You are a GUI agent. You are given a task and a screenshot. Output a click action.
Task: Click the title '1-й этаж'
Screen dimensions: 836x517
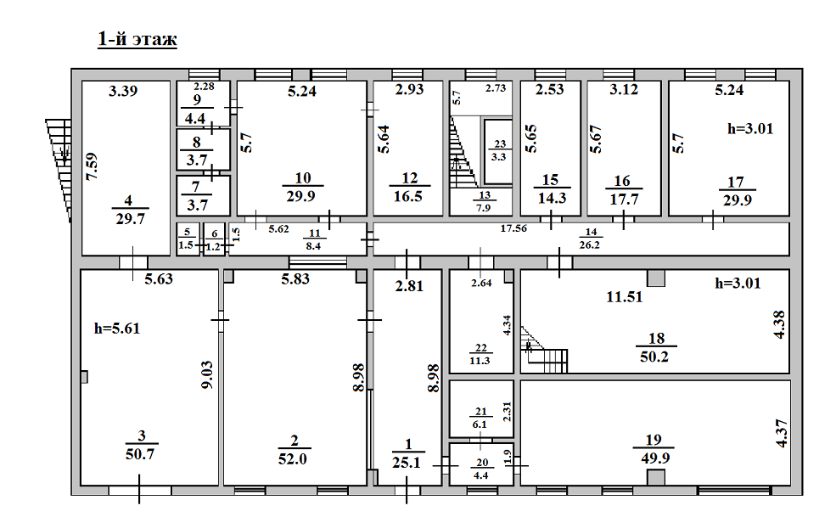pos(137,40)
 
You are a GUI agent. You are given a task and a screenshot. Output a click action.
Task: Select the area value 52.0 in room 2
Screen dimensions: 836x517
pos(293,458)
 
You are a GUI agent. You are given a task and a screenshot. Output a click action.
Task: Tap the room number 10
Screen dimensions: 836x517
pos(303,177)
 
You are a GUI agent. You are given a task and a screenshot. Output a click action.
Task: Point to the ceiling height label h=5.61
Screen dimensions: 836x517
pos(117,329)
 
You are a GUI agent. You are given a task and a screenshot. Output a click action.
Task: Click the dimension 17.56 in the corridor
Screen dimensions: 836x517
pos(513,228)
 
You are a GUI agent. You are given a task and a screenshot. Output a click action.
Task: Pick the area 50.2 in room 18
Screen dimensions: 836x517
pos(654,357)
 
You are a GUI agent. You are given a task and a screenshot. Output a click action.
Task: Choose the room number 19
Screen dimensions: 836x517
pos(654,440)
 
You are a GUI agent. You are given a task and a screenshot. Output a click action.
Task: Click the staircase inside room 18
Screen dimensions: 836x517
pos(544,350)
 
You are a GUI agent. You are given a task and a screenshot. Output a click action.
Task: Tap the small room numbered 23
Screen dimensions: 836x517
pos(498,150)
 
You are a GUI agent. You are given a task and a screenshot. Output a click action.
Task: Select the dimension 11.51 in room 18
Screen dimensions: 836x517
pos(625,296)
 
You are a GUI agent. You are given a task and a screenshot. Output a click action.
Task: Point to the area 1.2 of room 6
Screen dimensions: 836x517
pos(213,246)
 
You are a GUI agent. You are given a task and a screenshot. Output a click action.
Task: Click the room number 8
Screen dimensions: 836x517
pos(197,143)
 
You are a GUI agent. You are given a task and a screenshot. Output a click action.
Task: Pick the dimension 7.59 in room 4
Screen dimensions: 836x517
pos(92,166)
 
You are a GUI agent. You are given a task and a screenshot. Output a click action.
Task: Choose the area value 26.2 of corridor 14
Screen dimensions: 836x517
pos(590,244)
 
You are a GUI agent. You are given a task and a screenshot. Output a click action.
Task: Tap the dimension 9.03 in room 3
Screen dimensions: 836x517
pos(207,374)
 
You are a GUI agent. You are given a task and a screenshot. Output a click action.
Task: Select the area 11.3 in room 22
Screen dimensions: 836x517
pos(480,361)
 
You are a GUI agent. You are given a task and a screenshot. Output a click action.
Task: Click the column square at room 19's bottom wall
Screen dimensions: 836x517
pos(656,477)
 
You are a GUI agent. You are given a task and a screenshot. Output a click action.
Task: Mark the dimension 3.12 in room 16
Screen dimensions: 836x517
pos(624,89)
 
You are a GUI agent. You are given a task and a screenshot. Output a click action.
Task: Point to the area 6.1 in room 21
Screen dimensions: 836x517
pos(480,424)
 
